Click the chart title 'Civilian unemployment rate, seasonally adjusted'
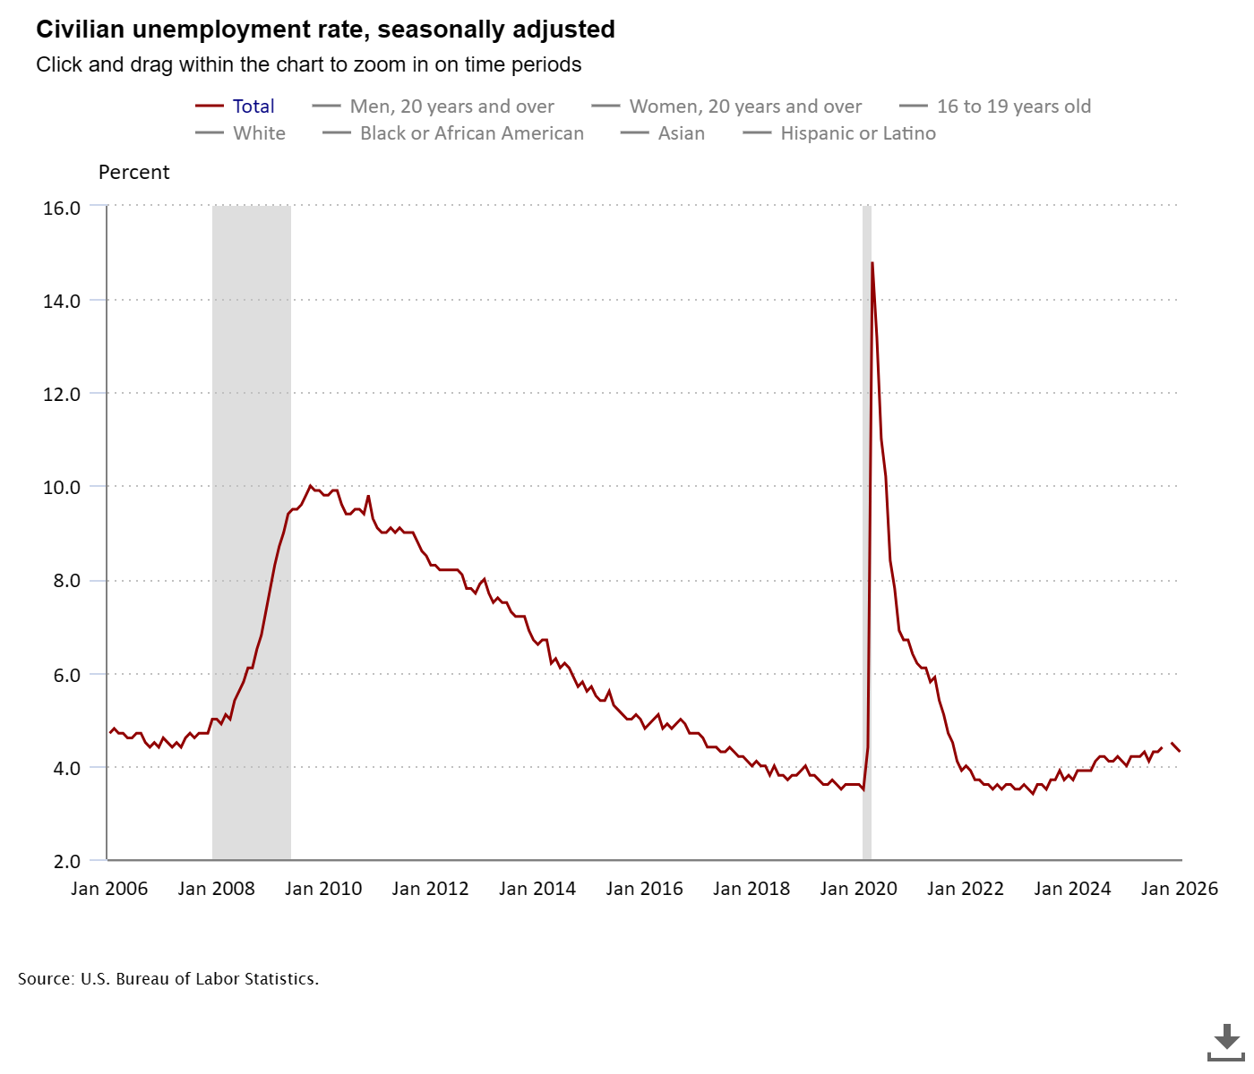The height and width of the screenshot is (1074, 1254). coord(325,30)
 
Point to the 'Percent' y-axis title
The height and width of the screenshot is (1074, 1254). coord(133,172)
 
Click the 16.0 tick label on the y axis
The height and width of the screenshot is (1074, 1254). coord(62,208)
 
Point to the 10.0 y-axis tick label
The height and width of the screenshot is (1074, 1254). coord(62,488)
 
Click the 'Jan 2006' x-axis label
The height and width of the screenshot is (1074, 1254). coord(109,889)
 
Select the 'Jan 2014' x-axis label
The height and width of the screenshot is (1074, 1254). coord(537,889)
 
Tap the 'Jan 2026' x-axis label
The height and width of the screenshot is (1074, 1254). coord(1179,889)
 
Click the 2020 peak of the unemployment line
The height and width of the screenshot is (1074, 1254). coord(872,263)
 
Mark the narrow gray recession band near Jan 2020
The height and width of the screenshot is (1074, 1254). coord(866,537)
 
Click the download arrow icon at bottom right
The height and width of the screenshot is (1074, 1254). coord(1225,1041)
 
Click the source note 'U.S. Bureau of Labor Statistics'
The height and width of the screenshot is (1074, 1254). coord(199,979)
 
